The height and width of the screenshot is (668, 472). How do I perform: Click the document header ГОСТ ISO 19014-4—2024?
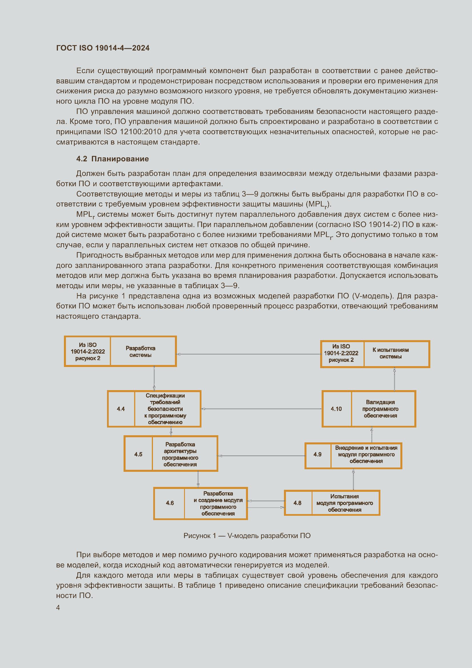point(103,48)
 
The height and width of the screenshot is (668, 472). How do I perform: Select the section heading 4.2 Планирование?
point(112,159)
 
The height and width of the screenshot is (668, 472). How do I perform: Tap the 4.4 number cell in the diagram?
point(121,409)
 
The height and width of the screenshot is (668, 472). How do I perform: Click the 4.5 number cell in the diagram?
point(138,454)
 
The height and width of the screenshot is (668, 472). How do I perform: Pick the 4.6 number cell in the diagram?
point(170,503)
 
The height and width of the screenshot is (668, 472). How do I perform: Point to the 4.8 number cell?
point(297,503)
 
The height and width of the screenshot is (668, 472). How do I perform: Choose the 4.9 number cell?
point(317,454)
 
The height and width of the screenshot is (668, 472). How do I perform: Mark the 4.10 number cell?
point(336,409)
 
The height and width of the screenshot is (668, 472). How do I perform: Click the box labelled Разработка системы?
point(141,352)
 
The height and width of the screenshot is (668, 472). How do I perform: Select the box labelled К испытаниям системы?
point(391,353)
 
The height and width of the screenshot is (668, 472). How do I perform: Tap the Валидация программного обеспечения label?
point(380,409)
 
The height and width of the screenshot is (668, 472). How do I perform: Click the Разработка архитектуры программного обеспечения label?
point(180,454)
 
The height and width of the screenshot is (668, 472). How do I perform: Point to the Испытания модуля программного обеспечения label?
point(344,503)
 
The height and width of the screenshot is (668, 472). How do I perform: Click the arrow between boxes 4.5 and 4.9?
point(262,456)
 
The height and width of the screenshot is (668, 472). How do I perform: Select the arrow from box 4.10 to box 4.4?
point(262,409)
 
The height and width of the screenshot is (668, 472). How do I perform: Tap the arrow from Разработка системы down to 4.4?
point(154,378)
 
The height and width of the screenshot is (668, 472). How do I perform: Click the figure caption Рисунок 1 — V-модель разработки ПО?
point(247,535)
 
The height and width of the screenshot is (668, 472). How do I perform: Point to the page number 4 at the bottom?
point(58,607)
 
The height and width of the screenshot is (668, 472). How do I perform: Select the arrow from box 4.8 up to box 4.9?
point(353,480)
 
